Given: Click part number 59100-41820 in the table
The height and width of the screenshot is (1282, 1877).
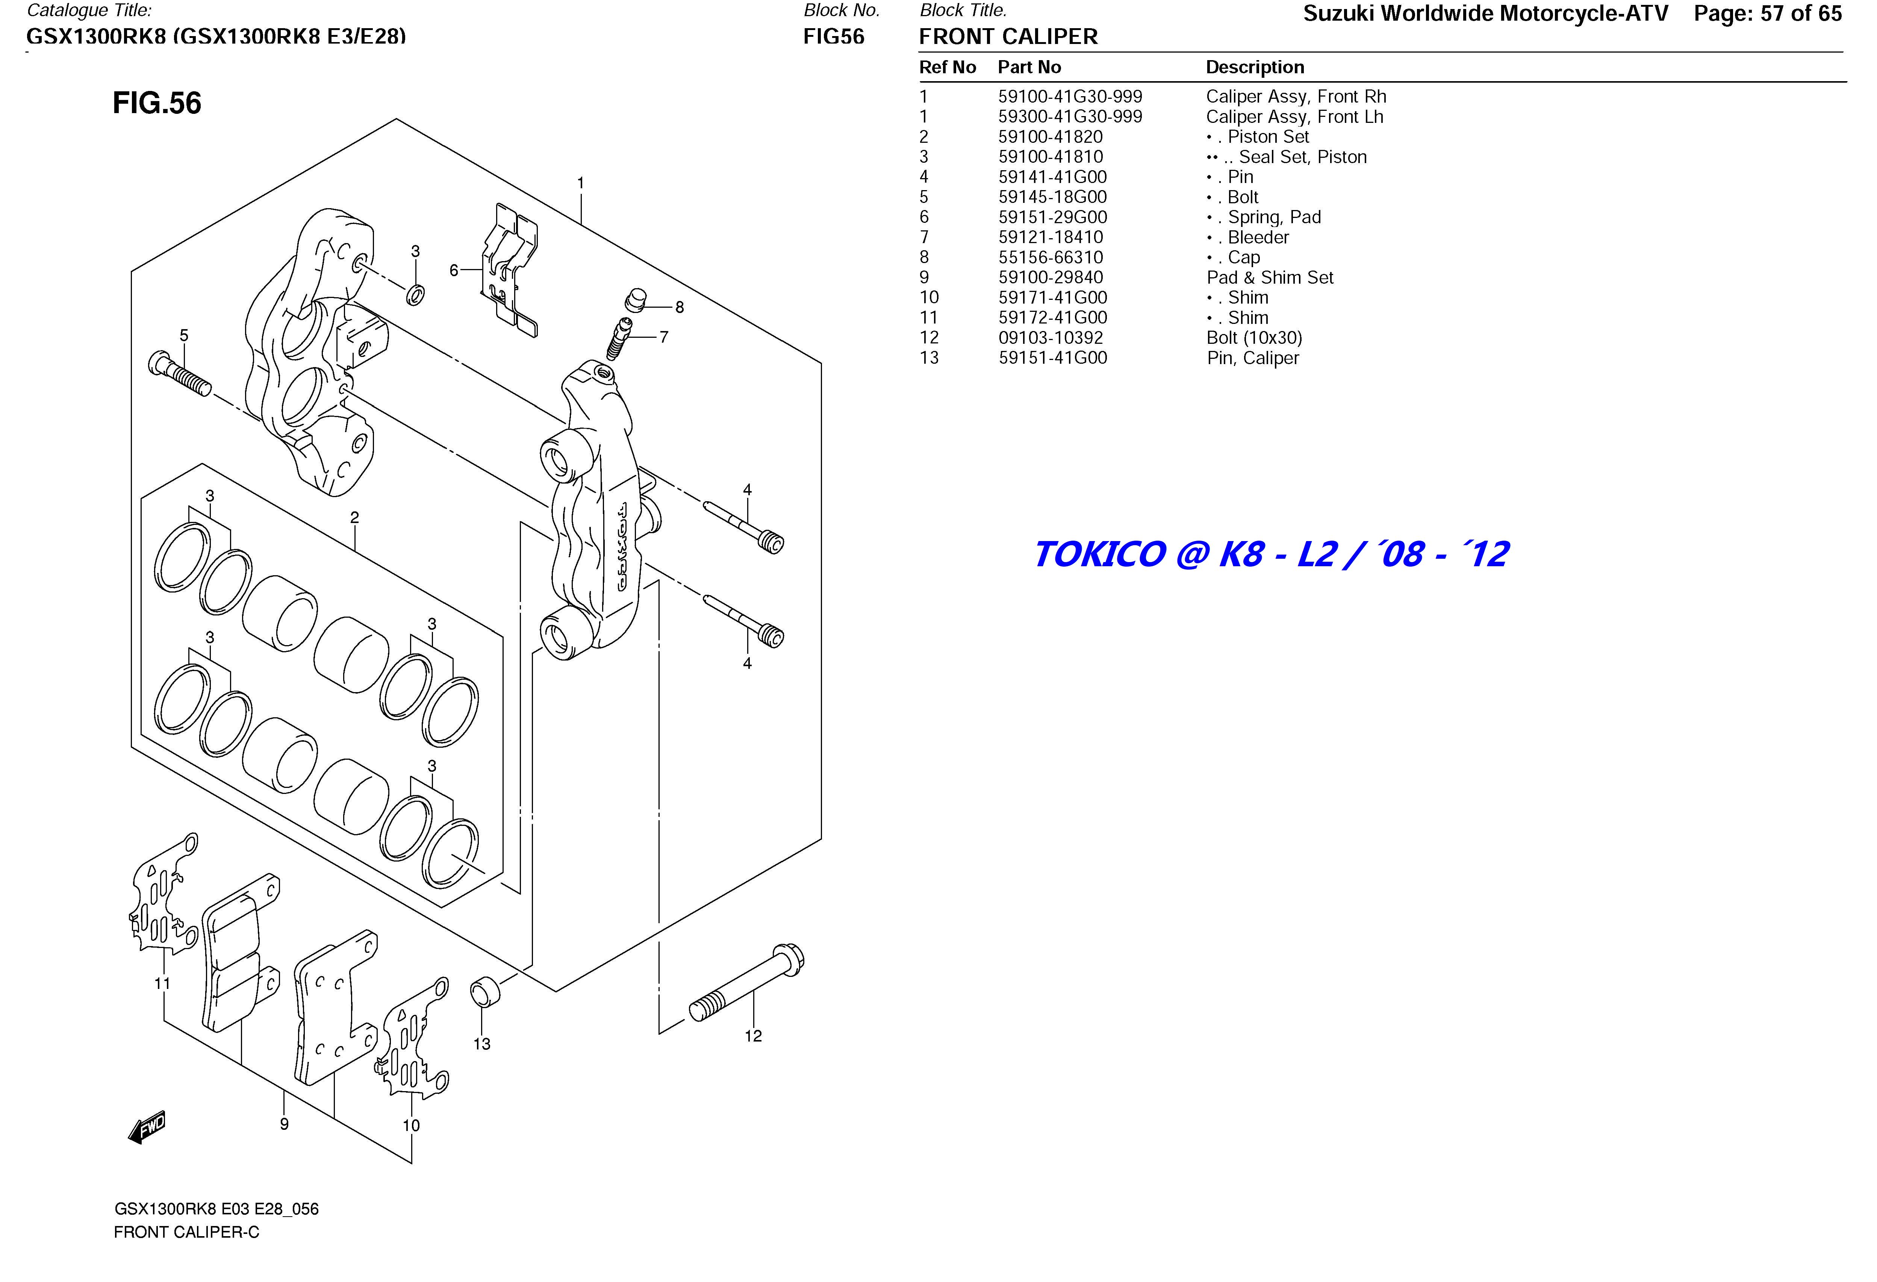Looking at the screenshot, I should [1050, 137].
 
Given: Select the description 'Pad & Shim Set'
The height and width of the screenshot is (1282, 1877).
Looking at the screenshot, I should [1270, 278].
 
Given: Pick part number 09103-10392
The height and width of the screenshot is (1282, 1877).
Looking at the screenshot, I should [1050, 338].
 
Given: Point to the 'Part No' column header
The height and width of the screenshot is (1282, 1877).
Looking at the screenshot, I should [1029, 68].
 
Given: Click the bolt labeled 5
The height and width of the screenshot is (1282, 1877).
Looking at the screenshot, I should [179, 375].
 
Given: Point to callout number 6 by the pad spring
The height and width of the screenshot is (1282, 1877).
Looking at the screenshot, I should [454, 271].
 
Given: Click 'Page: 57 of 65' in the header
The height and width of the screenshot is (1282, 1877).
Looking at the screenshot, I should [1767, 14].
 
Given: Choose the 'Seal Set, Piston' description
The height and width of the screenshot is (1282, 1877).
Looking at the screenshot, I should [1302, 157].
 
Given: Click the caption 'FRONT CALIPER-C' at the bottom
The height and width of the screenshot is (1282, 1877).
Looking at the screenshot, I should [186, 1233].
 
